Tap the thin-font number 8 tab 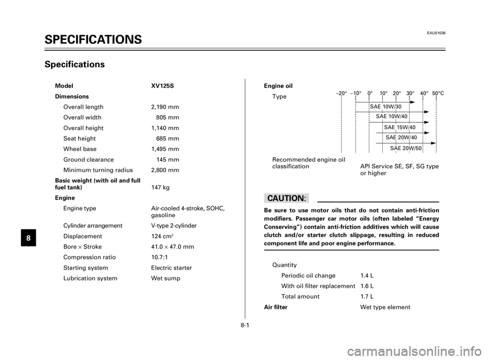tap(29, 238)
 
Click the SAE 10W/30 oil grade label tap(386, 107)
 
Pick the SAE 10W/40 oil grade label tap(391, 116)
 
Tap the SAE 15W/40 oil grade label tap(400, 127)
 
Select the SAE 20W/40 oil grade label tap(402, 138)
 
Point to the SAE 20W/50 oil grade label tap(406, 148)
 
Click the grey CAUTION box tap(286, 198)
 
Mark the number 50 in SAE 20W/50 tap(418, 148)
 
